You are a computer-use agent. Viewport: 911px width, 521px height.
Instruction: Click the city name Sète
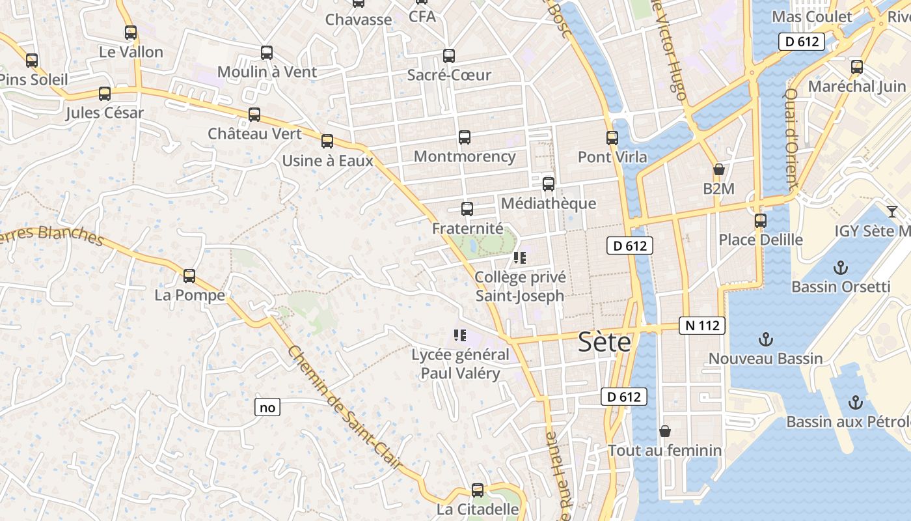[x=605, y=343]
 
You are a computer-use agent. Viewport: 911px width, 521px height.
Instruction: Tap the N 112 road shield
[x=702, y=326]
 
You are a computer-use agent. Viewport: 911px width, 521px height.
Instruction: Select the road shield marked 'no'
[x=267, y=408]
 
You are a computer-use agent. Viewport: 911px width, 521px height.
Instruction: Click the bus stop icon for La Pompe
[x=189, y=276]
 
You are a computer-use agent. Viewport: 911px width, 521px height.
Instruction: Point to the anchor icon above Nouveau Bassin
[x=766, y=339]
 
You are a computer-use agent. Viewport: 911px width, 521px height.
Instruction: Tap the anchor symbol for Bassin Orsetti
[x=841, y=268]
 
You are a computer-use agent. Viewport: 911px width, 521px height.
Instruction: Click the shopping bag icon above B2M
[x=719, y=170]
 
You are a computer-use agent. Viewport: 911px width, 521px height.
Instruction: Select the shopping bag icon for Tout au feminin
[x=665, y=431]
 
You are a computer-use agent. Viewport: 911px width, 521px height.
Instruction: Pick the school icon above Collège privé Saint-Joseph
[x=519, y=258]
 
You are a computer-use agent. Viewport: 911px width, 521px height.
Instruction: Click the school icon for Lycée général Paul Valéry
[x=460, y=336]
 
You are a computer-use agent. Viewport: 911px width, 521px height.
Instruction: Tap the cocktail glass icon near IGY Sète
[x=891, y=212]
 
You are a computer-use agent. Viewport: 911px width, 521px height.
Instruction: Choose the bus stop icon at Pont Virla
[x=612, y=138]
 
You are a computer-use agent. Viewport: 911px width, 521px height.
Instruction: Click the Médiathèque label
[x=549, y=203]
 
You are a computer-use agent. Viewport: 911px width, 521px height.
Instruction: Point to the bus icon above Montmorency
[x=465, y=137]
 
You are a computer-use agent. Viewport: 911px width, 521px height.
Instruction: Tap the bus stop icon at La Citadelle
[x=478, y=490]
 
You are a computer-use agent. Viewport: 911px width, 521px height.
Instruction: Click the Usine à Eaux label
[x=327, y=160]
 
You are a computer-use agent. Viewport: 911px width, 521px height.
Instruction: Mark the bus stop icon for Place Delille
[x=761, y=221]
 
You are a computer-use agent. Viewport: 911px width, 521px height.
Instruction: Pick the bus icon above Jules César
[x=105, y=94]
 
